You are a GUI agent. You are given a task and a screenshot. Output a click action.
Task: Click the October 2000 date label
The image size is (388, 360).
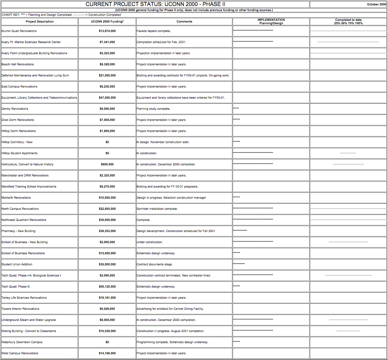(376, 4)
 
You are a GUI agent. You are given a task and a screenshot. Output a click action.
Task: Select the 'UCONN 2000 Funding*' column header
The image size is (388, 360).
(107, 22)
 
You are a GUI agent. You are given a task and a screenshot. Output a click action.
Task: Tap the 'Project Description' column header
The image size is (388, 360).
(39, 22)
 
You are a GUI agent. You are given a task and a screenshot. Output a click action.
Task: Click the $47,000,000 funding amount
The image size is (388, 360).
(107, 98)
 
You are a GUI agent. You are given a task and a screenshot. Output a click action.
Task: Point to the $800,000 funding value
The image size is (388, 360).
(107, 164)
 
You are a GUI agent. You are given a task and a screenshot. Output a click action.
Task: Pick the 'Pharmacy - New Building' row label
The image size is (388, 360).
(19, 231)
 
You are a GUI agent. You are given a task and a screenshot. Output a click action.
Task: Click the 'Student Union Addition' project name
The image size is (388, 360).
(17, 264)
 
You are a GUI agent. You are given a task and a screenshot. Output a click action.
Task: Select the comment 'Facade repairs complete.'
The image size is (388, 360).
(154, 31)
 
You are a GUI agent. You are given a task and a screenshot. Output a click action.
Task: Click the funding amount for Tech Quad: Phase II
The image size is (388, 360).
(107, 287)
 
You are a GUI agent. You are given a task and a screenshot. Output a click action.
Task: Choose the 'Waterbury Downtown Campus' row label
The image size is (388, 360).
(22, 342)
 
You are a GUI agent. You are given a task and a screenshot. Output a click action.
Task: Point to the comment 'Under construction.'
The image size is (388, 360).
(150, 242)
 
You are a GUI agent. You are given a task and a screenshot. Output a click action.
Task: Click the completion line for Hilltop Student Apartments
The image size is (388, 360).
(348, 153)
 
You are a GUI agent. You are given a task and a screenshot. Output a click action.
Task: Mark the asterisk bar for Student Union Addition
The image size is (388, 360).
(239, 264)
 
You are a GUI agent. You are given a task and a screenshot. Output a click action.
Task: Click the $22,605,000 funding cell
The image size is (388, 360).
(107, 209)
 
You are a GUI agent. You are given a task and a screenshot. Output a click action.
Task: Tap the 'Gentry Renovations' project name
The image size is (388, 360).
(15, 109)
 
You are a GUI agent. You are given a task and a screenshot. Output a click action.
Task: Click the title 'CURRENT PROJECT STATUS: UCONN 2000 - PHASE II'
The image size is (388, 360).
(155, 4)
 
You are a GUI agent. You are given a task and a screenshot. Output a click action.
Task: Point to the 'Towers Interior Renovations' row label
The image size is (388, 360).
(20, 309)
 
